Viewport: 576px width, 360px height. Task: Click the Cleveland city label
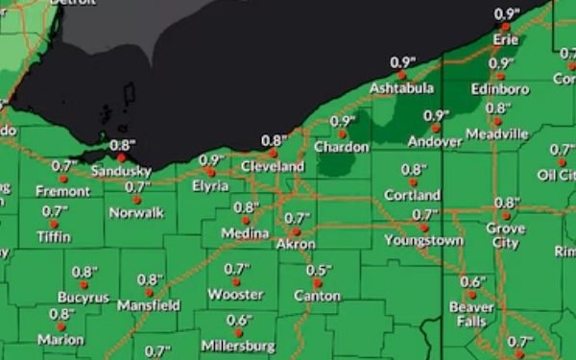click(x=272, y=166)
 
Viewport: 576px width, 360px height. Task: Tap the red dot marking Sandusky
click(x=121, y=157)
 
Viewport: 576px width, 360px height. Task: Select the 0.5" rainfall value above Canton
click(x=319, y=271)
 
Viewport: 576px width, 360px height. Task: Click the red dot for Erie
click(x=505, y=27)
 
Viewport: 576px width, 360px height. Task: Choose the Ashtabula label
click(x=403, y=88)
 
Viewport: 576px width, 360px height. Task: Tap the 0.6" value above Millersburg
click(x=239, y=321)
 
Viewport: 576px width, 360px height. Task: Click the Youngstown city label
click(x=423, y=240)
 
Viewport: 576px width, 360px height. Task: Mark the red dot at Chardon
click(x=342, y=134)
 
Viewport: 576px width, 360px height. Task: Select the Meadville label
click(x=496, y=133)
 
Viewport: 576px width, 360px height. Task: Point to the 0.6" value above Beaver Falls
click(x=472, y=281)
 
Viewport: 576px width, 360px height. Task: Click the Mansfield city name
click(x=148, y=305)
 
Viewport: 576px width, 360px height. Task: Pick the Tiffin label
click(x=54, y=236)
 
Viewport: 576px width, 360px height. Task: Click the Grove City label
click(x=505, y=236)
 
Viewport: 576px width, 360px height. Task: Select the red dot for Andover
click(x=436, y=128)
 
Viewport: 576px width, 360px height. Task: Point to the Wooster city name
click(x=235, y=294)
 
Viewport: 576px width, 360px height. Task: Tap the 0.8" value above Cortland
click(x=414, y=170)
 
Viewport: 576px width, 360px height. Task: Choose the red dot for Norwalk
click(x=137, y=199)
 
